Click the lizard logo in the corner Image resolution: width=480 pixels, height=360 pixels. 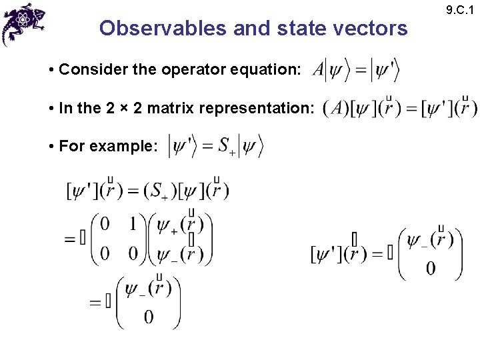coord(23,23)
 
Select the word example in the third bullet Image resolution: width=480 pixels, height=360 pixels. coord(129,146)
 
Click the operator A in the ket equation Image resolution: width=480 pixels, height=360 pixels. coord(318,69)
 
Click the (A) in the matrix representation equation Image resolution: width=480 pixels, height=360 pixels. coord(335,107)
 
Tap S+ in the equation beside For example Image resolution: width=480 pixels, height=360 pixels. coord(227,146)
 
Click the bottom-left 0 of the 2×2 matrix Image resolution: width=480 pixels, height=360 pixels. coord(105,253)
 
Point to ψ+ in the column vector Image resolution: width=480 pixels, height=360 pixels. coord(167,226)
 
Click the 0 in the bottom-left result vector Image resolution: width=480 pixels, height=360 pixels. coord(148,317)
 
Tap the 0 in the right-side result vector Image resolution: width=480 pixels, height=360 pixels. coord(431,268)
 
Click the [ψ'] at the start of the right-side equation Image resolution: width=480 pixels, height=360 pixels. coord(327,253)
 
